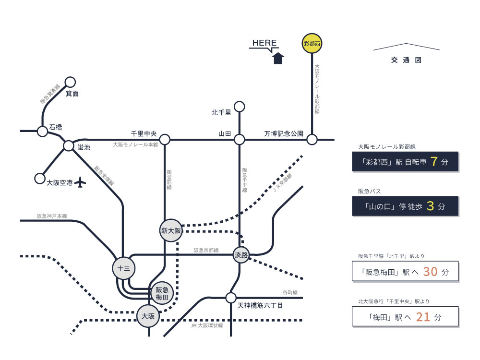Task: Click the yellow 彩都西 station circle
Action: coord(312,44)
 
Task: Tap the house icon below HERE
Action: coord(278,58)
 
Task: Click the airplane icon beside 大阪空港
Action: coord(80,182)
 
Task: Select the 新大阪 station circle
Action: coord(171,231)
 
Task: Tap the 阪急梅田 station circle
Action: coord(162,293)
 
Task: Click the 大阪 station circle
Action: coord(148,316)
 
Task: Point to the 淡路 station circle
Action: coord(241,255)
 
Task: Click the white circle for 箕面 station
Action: coord(70,82)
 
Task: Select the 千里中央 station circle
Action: coord(165,140)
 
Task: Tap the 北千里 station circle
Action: coord(239,106)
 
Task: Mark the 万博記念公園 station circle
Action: coord(312,140)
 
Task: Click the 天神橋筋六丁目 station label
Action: coord(260,305)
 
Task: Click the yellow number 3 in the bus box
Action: coord(430,206)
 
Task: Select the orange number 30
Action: coord(431,272)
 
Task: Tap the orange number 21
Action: coord(423,317)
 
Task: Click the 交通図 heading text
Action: coord(406,60)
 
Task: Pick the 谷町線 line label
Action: coord(290,292)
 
